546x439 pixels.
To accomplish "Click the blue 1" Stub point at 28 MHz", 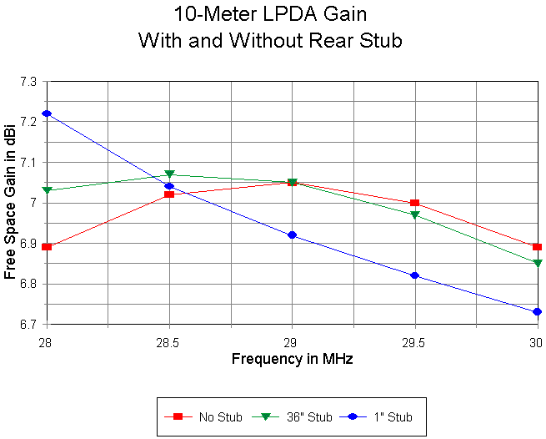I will point(47,114).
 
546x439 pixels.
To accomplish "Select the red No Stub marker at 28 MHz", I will point(47,247).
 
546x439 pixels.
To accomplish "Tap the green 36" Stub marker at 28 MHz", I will point(47,191).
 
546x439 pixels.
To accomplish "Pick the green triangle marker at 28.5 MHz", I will point(169,174).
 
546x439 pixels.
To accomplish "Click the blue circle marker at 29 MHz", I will point(292,235).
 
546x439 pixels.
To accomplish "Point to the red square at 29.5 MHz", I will point(414,203).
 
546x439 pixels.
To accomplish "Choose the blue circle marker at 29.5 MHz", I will point(414,276).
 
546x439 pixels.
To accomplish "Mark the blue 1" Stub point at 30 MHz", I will point(537,312).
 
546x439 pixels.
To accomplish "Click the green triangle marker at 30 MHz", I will point(537,264).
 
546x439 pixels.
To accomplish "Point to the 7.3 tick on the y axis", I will point(28,82).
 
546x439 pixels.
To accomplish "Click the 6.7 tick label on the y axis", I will point(28,325).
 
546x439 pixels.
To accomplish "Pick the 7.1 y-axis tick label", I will point(28,163).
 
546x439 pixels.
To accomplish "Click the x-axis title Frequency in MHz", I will point(292,360).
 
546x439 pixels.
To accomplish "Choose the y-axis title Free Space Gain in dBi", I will point(11,203).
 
